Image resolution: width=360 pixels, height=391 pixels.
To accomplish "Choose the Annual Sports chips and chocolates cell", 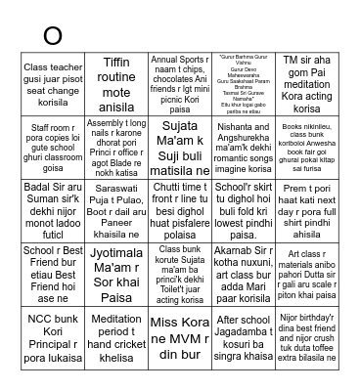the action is (x=180, y=77).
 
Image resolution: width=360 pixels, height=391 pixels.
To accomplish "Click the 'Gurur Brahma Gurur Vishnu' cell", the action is (x=243, y=77).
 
